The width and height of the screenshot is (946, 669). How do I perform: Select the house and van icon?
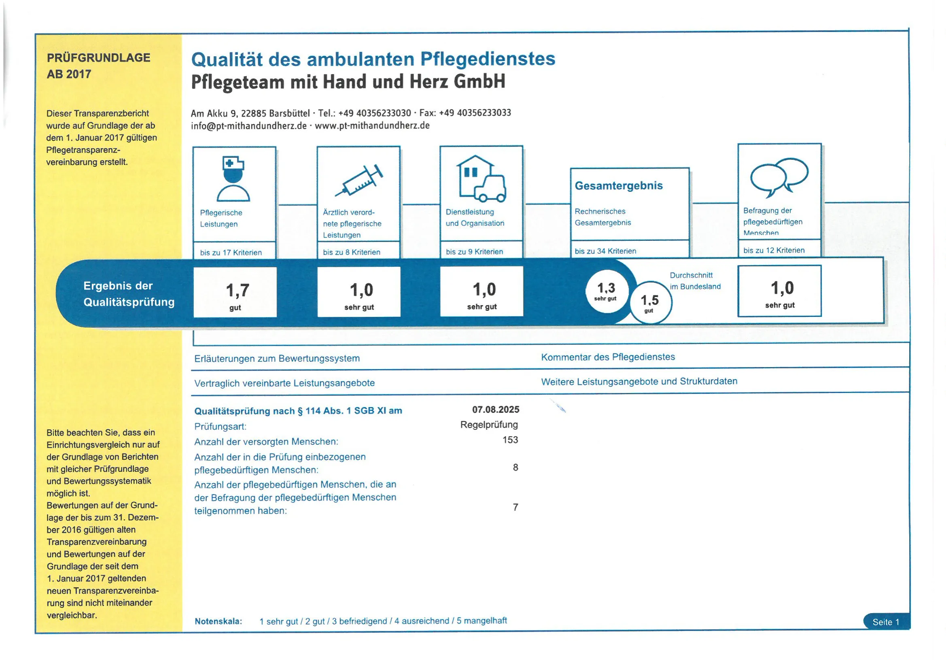[481, 179]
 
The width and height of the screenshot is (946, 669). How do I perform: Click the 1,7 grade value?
[238, 291]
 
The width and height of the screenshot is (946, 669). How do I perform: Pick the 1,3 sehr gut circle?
[607, 291]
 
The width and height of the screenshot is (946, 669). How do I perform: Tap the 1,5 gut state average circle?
[650, 303]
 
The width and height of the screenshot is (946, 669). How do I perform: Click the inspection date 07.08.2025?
[495, 410]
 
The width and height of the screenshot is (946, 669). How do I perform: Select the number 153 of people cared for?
[510, 440]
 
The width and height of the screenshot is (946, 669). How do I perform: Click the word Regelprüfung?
[489, 425]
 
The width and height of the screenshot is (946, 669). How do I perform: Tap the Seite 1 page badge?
[886, 622]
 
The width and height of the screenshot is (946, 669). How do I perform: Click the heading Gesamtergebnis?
[618, 186]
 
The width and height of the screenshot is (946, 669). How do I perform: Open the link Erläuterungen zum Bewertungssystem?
[277, 359]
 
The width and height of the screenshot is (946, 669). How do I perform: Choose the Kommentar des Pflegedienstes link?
[608, 357]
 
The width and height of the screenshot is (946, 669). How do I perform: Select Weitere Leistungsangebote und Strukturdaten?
[639, 382]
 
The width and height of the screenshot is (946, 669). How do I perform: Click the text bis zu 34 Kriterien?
[605, 251]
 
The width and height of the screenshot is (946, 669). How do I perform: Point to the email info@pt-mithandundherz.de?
[248, 126]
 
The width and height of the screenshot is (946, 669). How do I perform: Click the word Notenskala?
[218, 621]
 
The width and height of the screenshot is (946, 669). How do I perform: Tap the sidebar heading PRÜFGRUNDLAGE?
[98, 58]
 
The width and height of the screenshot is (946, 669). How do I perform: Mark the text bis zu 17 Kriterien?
[231, 253]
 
